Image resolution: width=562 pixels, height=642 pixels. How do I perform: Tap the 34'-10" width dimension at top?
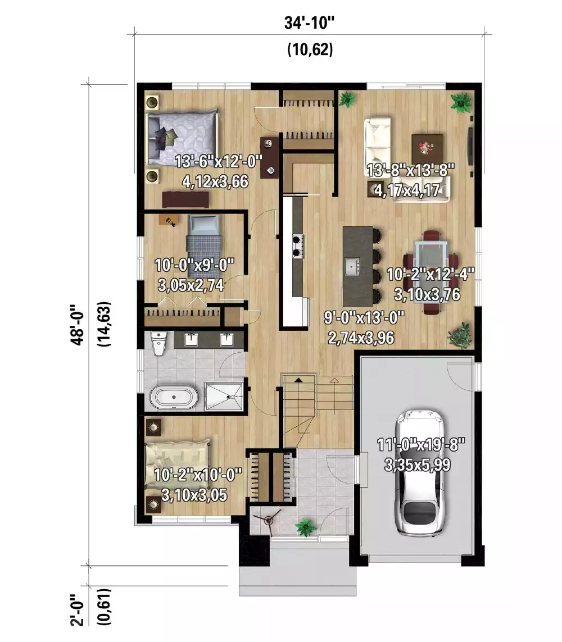pos(310,25)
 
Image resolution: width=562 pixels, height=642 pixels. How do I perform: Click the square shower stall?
pos(224,397)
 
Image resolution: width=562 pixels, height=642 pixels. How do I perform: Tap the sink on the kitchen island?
pos(353,265)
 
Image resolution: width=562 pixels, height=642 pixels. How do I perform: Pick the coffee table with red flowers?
pos(427,148)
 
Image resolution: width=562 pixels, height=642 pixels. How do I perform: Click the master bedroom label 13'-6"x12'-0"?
pos(219,162)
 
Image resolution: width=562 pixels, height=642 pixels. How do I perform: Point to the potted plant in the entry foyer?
pos(306,527)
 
